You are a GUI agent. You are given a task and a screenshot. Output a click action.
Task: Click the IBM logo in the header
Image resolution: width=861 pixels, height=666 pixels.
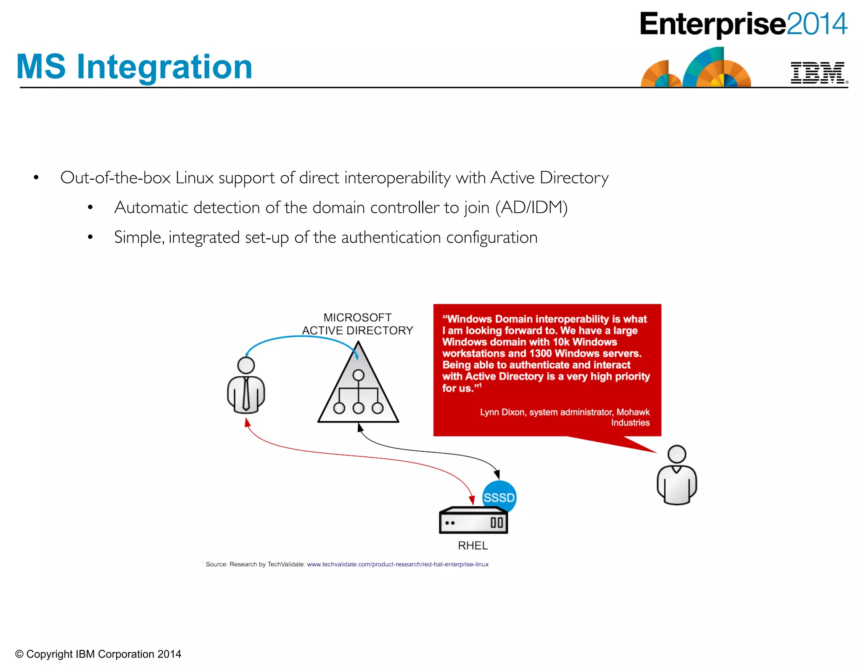coord(817,73)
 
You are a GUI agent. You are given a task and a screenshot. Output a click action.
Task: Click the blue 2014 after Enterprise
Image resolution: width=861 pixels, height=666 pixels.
coord(816,24)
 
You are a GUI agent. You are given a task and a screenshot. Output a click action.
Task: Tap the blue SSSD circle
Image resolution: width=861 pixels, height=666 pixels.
coord(499,497)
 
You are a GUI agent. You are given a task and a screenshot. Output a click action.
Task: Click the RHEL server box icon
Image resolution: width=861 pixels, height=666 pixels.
coord(473,521)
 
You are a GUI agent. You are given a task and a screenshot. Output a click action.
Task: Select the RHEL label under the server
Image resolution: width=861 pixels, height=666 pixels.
coord(473,545)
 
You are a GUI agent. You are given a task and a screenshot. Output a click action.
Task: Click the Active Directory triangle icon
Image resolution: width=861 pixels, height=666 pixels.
coord(358,391)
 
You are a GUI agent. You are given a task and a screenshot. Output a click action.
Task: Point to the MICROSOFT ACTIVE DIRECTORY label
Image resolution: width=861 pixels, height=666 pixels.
coord(357,324)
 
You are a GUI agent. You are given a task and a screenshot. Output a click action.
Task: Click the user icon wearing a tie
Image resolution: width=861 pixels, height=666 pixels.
coord(246,386)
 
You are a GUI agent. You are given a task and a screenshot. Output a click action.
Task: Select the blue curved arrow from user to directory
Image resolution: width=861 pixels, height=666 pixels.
coord(298,337)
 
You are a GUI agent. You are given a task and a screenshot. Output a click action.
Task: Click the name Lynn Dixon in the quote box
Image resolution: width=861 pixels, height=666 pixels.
coord(502,412)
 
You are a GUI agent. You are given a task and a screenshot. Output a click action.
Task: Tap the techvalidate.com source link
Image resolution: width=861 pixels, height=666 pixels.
coord(397,564)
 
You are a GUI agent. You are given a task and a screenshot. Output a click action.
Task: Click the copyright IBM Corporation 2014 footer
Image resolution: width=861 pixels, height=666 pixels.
coord(98,654)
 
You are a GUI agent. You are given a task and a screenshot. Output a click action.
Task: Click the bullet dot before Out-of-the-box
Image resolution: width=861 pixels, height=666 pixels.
coord(37,178)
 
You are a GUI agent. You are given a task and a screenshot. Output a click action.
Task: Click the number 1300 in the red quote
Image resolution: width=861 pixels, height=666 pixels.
coord(540,354)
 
